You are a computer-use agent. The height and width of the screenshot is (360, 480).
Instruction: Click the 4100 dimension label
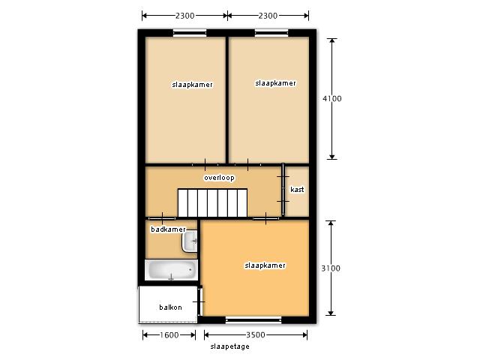click(332, 98)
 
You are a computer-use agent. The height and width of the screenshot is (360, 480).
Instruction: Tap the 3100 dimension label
click(331, 268)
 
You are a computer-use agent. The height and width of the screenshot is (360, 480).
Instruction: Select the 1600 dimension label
click(169, 335)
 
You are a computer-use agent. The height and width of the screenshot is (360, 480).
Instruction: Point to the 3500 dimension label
click(256, 335)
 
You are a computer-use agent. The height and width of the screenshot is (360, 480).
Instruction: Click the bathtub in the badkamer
click(171, 270)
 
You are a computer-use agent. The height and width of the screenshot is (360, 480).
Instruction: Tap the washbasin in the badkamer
click(190, 241)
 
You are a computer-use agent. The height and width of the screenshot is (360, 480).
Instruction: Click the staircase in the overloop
click(212, 202)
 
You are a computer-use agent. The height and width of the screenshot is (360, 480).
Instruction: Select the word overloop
click(219, 178)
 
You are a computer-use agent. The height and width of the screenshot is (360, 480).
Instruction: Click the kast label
click(297, 190)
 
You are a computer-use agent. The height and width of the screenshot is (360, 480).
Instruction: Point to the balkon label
click(170, 307)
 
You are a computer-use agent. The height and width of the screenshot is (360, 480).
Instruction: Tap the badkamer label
click(168, 229)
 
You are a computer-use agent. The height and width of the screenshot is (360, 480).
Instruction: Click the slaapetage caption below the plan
click(230, 346)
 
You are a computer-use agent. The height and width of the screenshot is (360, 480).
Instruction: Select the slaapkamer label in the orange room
click(265, 265)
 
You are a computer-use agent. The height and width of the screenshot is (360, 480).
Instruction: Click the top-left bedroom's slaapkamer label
click(192, 85)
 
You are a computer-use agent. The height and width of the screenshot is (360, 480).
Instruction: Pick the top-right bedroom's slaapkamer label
click(275, 83)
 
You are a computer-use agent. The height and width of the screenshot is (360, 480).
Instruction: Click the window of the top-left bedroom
click(190, 33)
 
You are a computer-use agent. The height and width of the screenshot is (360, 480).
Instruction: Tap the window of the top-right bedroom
click(271, 33)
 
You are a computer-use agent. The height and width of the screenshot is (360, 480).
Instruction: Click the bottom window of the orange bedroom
click(253, 320)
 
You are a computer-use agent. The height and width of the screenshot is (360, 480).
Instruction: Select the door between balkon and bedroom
click(200, 301)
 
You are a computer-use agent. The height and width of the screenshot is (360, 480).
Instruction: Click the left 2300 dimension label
click(185, 16)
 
